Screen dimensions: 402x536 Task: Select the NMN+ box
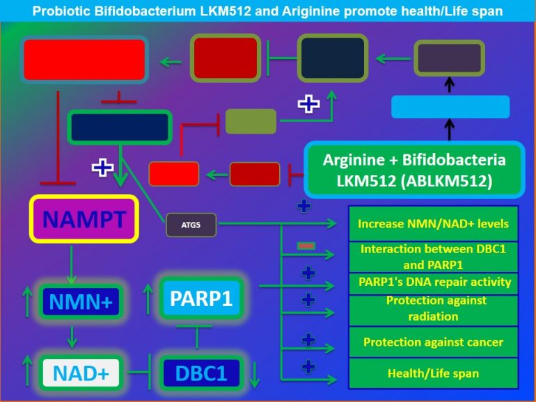point(81,301)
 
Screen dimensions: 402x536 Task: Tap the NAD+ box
point(81,373)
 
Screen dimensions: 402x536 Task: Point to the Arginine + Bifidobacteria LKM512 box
point(413,170)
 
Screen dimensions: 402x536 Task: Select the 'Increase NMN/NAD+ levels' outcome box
point(432,224)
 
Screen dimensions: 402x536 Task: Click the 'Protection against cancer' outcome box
point(432,342)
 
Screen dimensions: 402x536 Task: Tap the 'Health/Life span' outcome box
point(432,373)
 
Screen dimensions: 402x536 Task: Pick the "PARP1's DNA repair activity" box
point(432,282)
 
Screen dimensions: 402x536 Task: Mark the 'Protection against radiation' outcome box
point(432,308)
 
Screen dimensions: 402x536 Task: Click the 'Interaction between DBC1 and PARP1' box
point(432,256)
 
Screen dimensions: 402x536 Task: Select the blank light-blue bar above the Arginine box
point(450,107)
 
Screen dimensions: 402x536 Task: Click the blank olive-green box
point(251,121)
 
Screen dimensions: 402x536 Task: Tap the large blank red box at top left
point(84,60)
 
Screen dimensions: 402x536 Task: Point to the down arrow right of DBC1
point(254,373)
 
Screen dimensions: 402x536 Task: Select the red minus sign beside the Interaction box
point(306,246)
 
